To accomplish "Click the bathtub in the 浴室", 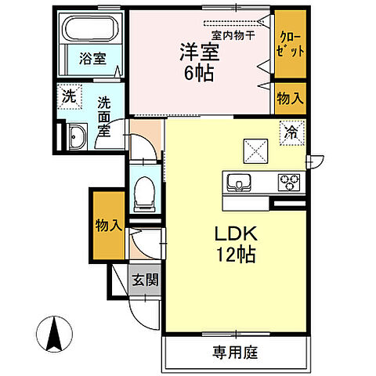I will (91, 30).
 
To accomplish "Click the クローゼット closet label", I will (290, 43).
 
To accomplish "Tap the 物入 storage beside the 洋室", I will (290, 98).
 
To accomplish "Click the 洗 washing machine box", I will (68, 100).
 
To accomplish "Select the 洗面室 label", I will (103, 117).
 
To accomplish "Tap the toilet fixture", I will (144, 192).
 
